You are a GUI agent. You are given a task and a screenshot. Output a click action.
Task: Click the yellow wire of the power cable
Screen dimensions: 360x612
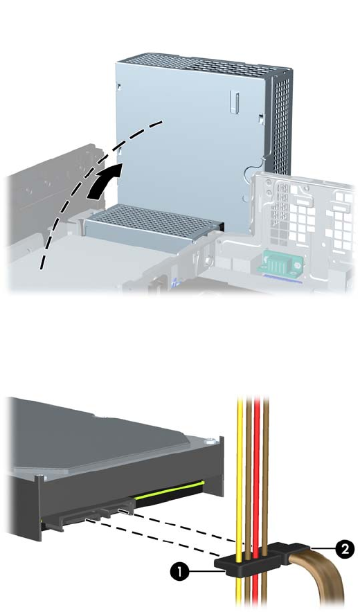pos(239,503)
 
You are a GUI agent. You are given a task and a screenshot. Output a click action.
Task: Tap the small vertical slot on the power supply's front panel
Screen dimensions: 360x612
pos(233,102)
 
